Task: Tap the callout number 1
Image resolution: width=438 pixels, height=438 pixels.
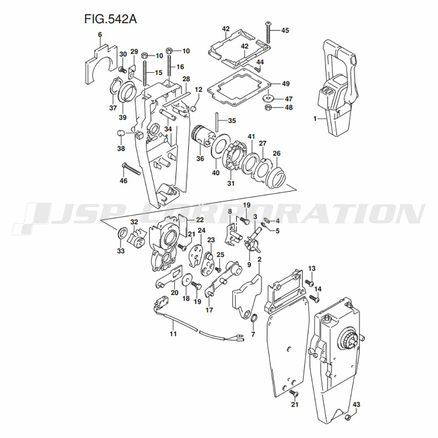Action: [314, 118]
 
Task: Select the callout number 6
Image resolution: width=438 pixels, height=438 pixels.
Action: [100, 34]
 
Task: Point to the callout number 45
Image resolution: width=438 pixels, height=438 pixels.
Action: [285, 30]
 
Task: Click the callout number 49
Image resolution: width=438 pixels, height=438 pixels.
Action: [286, 83]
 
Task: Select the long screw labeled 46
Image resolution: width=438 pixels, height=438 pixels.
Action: [131, 169]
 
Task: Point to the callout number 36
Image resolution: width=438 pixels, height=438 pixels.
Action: [200, 159]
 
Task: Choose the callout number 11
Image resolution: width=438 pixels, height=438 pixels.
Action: [173, 334]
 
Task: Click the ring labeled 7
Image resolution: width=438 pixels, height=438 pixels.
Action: [254, 317]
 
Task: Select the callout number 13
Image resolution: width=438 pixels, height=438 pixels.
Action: [312, 268]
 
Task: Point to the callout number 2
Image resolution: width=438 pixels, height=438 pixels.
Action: [259, 260]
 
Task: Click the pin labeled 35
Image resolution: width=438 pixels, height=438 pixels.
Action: [217, 120]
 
